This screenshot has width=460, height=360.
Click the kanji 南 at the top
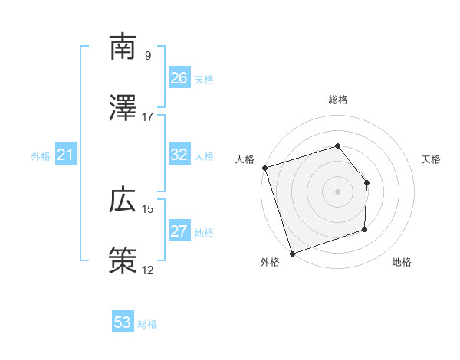tap(123, 47)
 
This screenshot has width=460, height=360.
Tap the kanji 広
tap(123, 201)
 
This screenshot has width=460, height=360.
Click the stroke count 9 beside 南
tap(148, 56)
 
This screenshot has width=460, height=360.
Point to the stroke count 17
tap(148, 116)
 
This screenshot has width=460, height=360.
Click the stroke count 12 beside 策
tap(148, 270)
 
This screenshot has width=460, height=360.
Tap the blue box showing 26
tap(179, 78)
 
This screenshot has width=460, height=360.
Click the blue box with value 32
tap(179, 155)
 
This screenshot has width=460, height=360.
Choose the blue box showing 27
tap(179, 231)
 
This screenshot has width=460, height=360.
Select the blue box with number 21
tap(66, 155)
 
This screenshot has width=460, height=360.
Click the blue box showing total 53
tap(123, 322)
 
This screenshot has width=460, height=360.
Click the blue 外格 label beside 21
tap(41, 156)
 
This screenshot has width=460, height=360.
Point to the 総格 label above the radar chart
tap(337, 100)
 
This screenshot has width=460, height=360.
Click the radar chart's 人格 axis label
tap(245, 159)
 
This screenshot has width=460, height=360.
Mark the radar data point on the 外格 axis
tap(291, 253)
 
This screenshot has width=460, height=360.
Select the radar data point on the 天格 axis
tap(367, 182)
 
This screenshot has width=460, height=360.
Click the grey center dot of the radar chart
tap(337, 191)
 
